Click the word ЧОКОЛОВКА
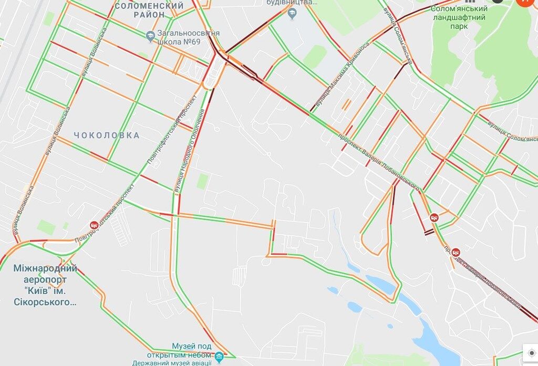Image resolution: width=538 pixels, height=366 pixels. (x=107, y=135)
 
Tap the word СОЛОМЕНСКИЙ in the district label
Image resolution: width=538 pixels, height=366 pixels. (x=149, y=6)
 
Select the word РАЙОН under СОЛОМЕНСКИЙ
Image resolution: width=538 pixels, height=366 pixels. (x=149, y=15)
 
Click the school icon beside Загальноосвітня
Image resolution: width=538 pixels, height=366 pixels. (x=150, y=35)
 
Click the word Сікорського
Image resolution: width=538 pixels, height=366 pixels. (x=45, y=302)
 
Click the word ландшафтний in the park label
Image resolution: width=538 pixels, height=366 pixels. (x=459, y=17)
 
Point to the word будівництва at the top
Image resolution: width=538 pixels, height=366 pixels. (x=292, y=2)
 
